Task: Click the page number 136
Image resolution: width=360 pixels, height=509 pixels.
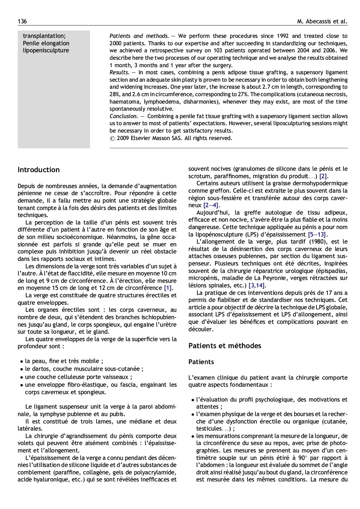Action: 22,22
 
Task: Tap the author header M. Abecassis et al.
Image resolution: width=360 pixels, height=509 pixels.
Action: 322,22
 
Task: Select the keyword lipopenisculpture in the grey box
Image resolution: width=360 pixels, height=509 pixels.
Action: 46,51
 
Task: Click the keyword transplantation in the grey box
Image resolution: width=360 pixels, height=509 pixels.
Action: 44,36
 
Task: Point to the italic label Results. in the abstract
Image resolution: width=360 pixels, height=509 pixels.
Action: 119,72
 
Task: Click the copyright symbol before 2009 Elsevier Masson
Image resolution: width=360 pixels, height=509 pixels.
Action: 112,138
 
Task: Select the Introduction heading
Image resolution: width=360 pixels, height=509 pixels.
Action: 39,170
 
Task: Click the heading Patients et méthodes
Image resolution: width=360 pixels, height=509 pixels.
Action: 225,346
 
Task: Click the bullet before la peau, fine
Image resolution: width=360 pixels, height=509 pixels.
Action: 22,362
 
